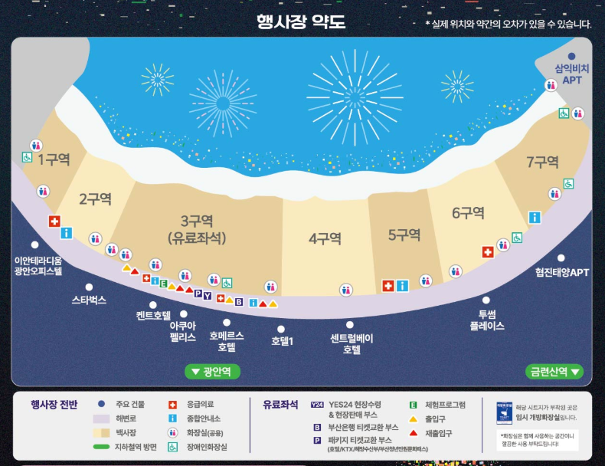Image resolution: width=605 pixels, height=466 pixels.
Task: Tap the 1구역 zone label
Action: click(54, 159)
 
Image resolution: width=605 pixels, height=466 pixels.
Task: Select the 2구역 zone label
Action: click(95, 199)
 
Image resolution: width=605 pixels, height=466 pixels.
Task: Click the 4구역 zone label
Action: click(325, 238)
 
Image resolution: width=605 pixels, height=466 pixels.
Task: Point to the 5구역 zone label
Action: click(404, 235)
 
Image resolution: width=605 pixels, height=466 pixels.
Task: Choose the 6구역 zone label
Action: click(468, 212)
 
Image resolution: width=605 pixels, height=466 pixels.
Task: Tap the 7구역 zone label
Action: click(542, 162)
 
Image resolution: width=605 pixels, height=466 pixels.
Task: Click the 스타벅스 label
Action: click(89, 300)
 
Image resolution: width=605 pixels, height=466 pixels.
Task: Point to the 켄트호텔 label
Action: click(153, 314)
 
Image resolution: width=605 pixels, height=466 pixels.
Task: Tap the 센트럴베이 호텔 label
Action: click(351, 343)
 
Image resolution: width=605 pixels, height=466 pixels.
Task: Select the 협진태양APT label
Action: click(562, 272)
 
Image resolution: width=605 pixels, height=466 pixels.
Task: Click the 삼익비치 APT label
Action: click(572, 74)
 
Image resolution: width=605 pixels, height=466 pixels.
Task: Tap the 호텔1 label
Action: click(283, 340)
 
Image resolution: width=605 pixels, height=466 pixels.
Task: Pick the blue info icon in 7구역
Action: click(535, 218)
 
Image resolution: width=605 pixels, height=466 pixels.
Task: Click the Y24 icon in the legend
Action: click(316, 404)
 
